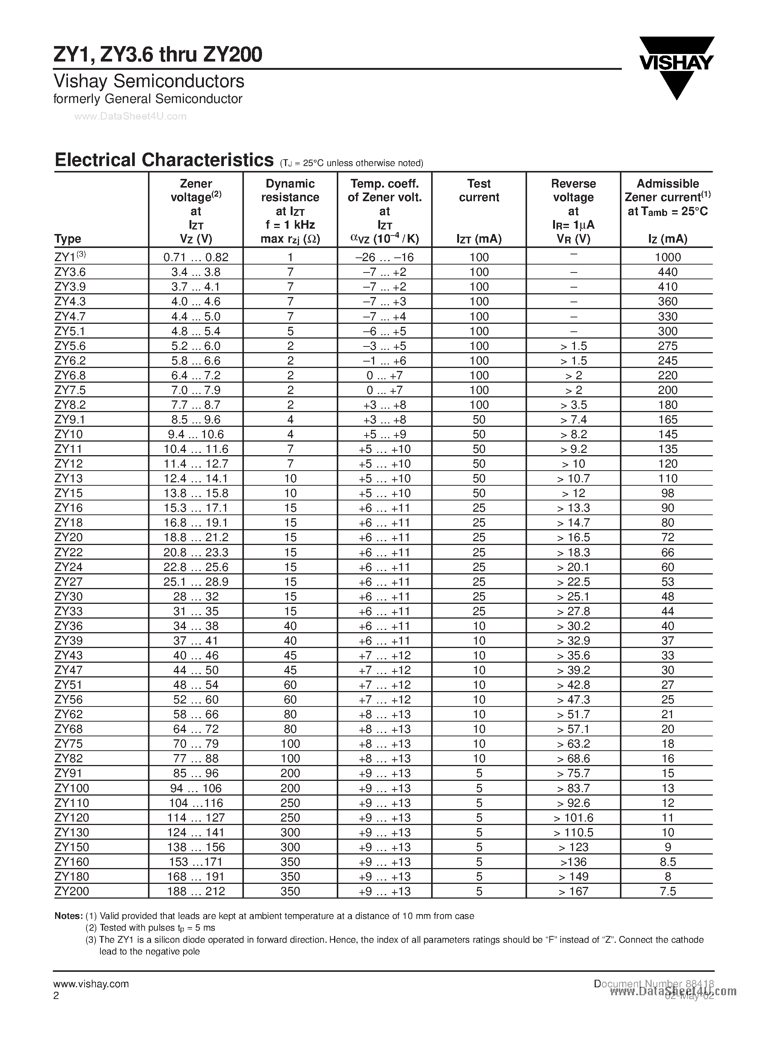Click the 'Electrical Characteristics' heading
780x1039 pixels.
[x=164, y=160]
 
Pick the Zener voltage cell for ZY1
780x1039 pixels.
[x=196, y=257]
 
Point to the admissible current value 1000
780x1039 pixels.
[x=667, y=257]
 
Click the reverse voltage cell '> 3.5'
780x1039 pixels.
[x=573, y=405]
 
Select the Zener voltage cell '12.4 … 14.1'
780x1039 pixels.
[x=196, y=479]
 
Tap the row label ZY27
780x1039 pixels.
[x=69, y=582]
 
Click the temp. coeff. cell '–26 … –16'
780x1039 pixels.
[x=384, y=257]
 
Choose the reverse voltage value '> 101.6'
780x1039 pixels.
[x=573, y=818]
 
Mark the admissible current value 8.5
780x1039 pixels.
[x=667, y=862]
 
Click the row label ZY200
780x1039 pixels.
[x=72, y=891]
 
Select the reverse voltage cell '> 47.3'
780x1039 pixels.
[x=573, y=700]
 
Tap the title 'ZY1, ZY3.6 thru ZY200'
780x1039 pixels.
[x=158, y=55]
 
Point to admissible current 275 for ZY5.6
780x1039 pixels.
[x=667, y=346]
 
